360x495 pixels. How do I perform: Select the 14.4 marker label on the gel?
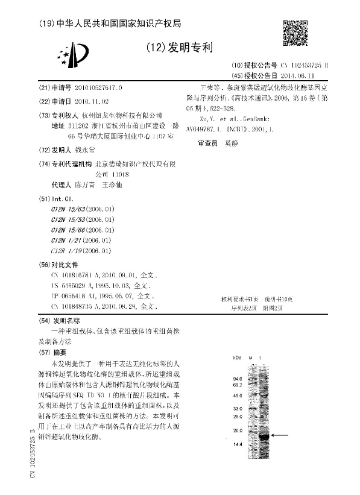coord(236,444)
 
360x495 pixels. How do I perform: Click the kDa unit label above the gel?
coord(236,357)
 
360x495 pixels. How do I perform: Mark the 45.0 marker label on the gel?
coord(236,396)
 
